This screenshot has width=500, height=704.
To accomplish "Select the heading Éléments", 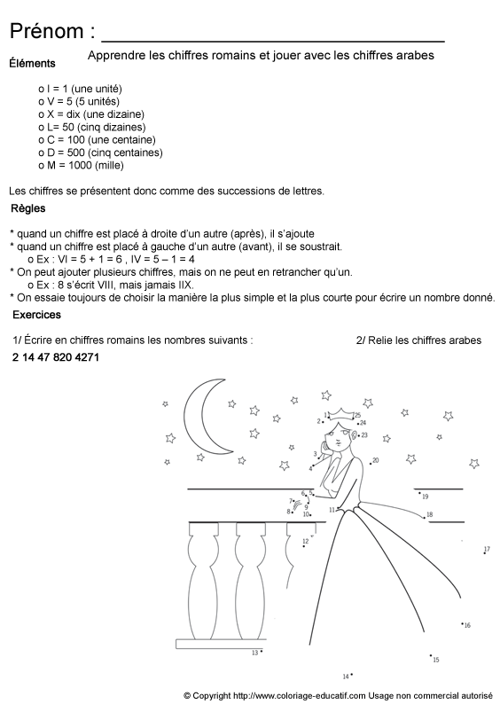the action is (x=32, y=64).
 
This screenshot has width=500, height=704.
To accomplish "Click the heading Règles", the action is (x=28, y=209).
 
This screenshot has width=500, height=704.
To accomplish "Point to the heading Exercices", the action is (x=36, y=315).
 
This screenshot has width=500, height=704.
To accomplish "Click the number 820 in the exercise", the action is (x=53, y=357).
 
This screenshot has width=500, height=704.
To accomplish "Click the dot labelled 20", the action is (x=371, y=462).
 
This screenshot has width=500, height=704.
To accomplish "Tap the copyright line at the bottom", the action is (x=338, y=695).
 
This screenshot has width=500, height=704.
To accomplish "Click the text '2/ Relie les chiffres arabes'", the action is (x=418, y=340).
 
